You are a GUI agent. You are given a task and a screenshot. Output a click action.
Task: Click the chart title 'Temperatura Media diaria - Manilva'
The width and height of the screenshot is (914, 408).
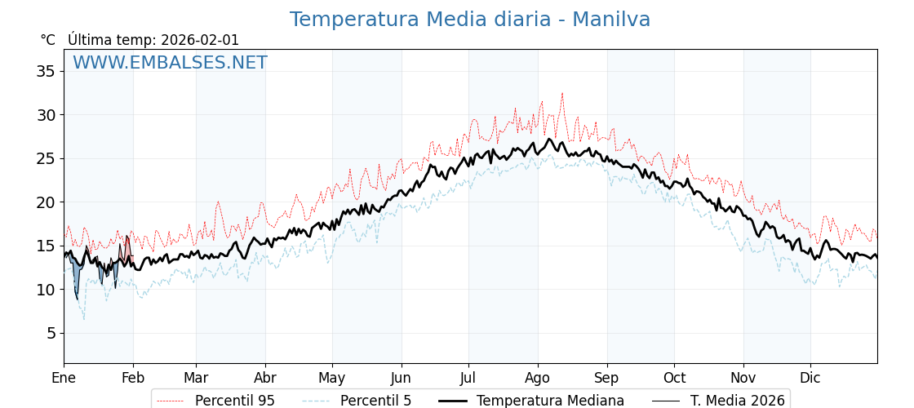470,20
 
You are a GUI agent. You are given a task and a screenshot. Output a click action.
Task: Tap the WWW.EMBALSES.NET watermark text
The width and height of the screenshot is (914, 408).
170,63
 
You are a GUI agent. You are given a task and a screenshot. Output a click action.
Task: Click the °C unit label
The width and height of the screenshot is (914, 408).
48,40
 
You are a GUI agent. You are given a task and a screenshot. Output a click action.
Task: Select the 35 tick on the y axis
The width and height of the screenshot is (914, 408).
46,71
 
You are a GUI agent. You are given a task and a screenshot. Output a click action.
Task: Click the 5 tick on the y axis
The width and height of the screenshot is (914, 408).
51,333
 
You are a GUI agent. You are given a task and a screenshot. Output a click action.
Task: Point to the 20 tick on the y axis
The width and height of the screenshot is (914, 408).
46,202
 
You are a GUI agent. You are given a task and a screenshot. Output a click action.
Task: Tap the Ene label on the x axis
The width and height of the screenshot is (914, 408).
64,378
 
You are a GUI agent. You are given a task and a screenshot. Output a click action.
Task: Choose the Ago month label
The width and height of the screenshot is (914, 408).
538,378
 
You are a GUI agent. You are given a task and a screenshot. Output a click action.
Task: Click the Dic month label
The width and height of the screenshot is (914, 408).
810,378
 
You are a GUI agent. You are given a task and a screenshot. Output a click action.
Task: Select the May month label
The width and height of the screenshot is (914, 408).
332,378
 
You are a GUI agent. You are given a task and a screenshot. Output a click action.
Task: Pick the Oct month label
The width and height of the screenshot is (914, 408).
675,378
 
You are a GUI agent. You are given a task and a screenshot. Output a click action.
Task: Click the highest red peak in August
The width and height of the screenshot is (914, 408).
562,94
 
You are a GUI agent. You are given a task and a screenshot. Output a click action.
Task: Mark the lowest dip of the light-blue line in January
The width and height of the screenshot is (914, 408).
83,318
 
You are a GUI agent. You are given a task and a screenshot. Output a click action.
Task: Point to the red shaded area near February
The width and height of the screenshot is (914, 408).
126,249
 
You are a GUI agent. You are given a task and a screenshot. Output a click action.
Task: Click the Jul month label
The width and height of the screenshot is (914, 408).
468,378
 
